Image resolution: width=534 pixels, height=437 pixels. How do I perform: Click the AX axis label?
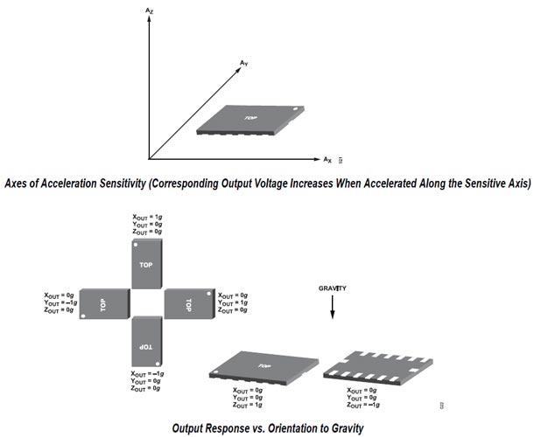(327, 160)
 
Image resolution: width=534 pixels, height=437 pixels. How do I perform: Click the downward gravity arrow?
(334, 311)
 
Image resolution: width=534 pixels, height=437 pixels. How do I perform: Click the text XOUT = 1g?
(146, 216)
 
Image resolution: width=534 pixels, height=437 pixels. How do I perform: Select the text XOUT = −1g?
(146, 373)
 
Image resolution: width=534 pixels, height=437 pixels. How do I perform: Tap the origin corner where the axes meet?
(151, 159)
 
